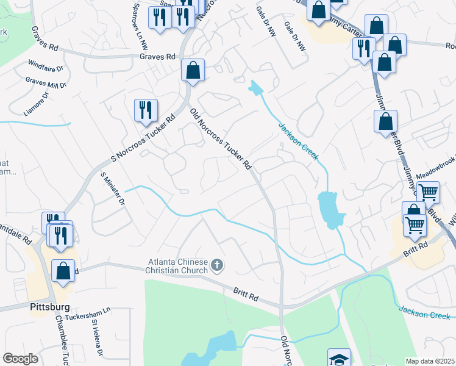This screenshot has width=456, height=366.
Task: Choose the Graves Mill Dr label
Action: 45,84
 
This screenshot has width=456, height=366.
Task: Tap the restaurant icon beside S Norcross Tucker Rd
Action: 146,110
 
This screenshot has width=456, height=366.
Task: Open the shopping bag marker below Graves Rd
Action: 193,70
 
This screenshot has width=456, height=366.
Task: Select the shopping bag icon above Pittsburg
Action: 63,271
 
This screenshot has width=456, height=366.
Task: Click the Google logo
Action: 20,359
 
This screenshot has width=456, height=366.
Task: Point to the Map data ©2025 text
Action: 430,361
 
